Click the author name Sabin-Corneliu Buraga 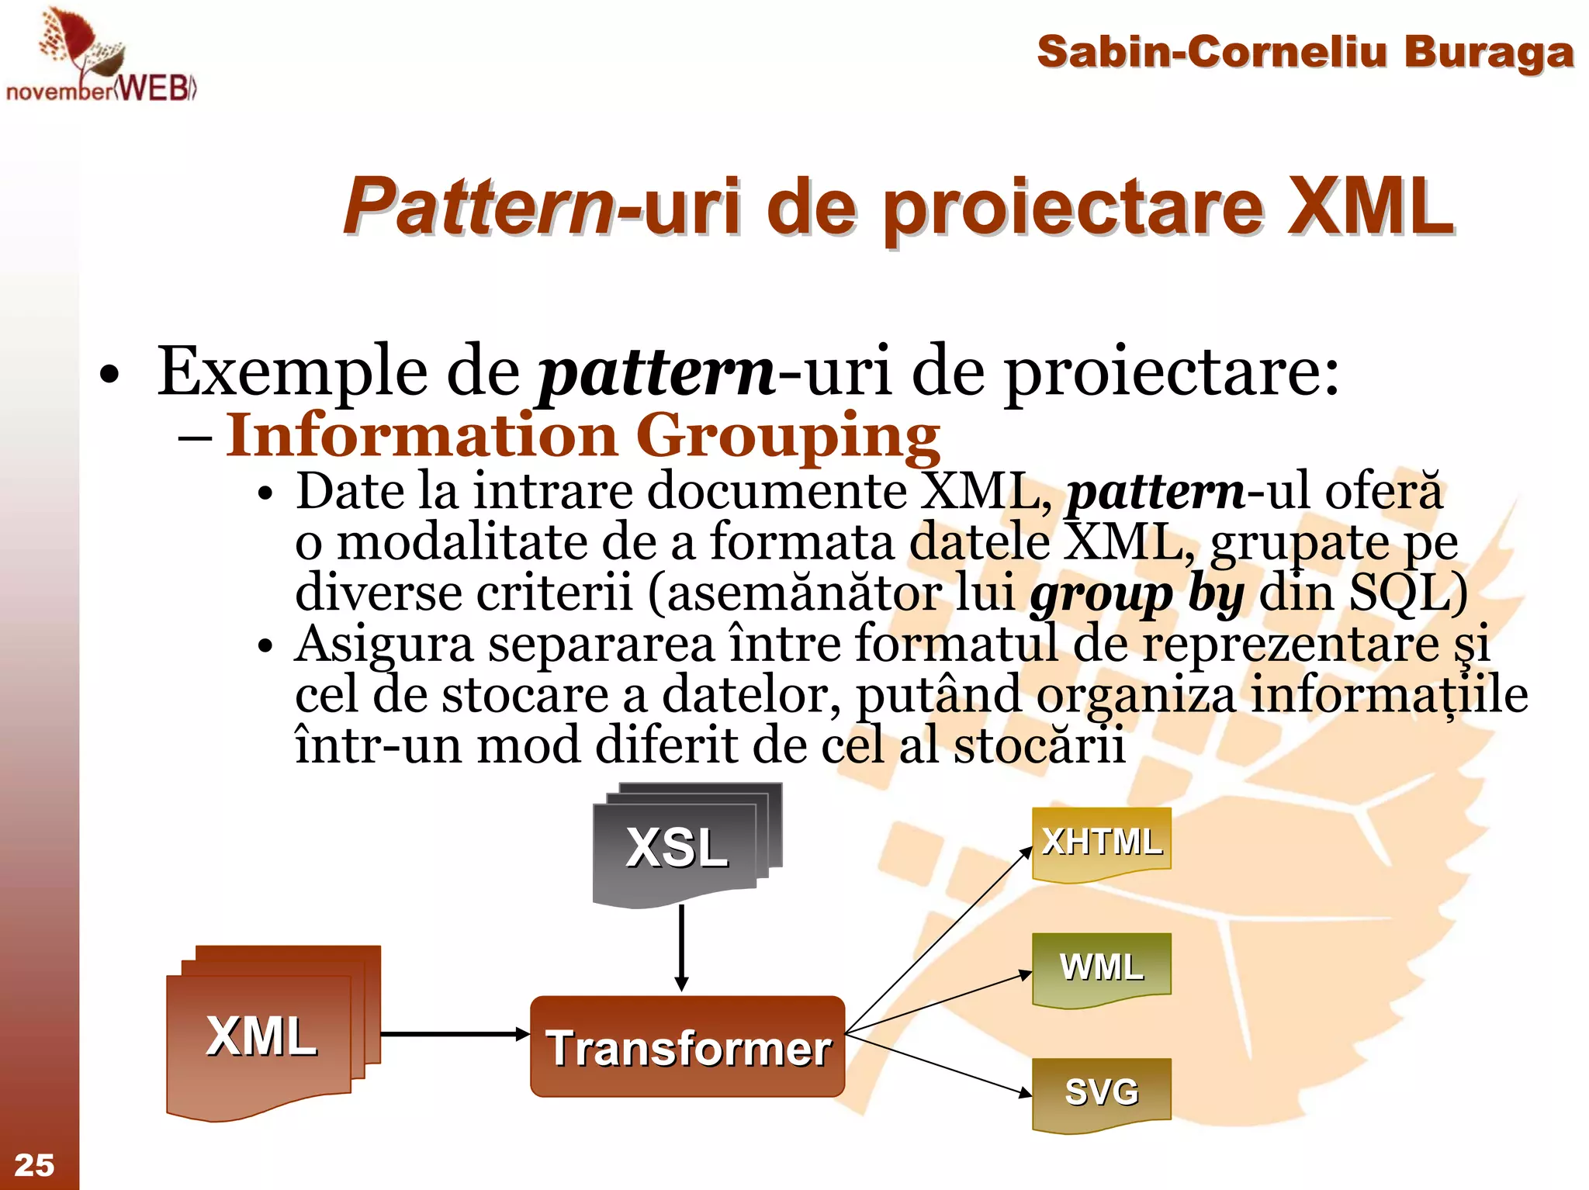pos(1305,53)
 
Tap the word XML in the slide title pos(1371,207)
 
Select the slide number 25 pos(34,1165)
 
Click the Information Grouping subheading pos(583,435)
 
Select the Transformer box pos(687,1046)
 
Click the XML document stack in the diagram pos(263,1035)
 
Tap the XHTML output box pos(1101,843)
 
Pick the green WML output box pos(1101,968)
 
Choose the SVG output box pos(1101,1093)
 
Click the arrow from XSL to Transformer pos(681,946)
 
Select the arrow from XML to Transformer pos(454,1034)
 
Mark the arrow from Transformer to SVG pos(939,1064)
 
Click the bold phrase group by pos(1137,594)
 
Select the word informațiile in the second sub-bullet pos(1389,695)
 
